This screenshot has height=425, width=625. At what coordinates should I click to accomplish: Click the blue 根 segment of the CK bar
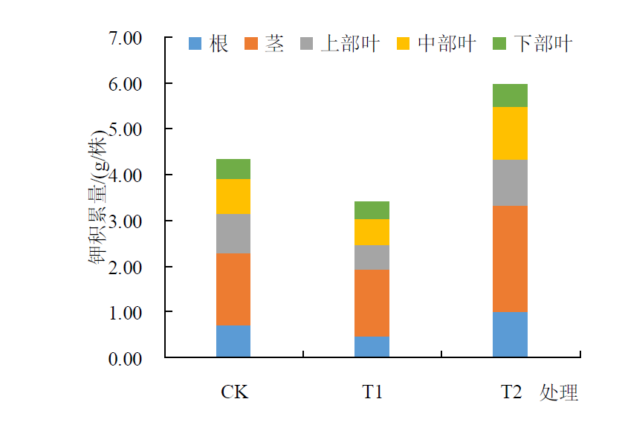point(233,341)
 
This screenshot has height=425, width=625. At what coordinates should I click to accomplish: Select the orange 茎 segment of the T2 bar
point(510,259)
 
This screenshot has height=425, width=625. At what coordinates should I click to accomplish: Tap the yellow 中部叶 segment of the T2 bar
point(510,134)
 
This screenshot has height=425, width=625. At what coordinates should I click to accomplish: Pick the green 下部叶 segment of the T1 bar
point(372,210)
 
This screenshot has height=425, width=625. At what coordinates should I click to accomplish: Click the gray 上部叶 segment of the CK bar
point(233,233)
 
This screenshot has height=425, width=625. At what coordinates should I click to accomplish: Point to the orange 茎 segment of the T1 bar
point(372,303)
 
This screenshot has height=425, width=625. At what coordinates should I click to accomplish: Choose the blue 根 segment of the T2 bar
point(510,334)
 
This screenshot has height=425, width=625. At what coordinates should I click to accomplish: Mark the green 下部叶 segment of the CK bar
point(233,169)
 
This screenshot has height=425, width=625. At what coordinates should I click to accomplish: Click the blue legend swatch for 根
point(195,45)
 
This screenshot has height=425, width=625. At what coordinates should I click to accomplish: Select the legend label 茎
point(274,44)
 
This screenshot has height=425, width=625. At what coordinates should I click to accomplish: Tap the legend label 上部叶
point(350,44)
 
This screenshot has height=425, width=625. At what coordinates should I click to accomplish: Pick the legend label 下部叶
point(544,44)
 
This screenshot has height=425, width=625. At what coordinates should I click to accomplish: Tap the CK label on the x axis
point(234,392)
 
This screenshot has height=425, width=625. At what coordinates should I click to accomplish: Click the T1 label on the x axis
point(372,392)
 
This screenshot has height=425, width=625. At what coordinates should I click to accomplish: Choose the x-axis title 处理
point(559,392)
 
